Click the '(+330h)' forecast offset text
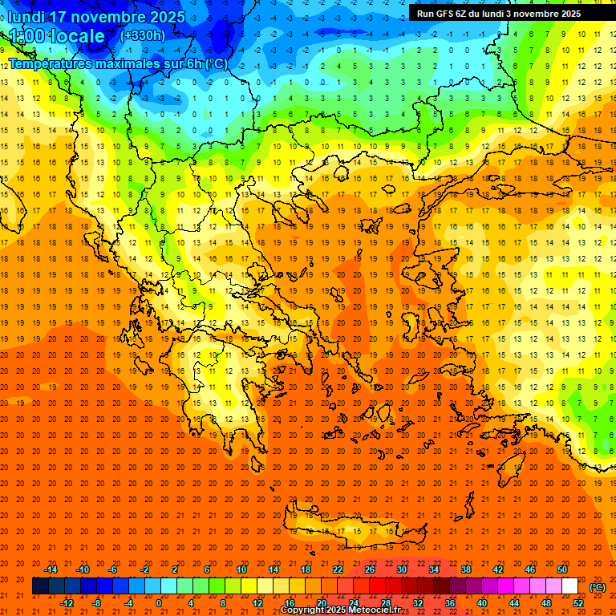(x=142, y=35)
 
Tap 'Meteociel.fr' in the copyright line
(x=373, y=610)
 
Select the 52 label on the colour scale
(x=578, y=603)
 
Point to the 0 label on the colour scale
(x=158, y=603)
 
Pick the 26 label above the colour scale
(x=370, y=569)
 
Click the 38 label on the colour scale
(x=466, y=569)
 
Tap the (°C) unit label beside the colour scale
(x=598, y=587)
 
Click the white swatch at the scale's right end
(x=570, y=586)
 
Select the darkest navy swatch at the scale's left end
(x=40, y=586)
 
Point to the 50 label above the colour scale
(x=562, y=569)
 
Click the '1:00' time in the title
(x=24, y=36)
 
